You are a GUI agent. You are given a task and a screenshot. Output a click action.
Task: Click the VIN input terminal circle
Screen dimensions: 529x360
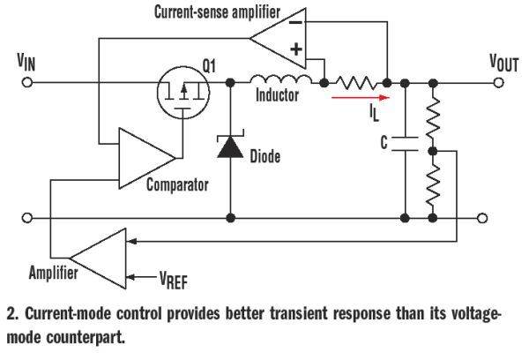click(27, 82)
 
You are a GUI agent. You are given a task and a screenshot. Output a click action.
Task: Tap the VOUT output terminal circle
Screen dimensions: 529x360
click(498, 82)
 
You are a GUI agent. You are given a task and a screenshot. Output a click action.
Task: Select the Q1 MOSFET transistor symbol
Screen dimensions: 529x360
click(183, 92)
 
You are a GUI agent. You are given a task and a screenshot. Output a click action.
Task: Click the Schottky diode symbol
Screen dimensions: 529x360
click(230, 146)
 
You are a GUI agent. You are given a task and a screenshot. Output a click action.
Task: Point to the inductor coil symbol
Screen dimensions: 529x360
click(280, 79)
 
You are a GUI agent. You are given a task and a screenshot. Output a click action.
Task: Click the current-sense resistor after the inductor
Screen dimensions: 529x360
click(355, 83)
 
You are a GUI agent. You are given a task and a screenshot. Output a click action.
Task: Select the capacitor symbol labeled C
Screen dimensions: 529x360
click(405, 144)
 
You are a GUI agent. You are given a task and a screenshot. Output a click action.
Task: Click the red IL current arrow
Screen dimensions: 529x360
click(361, 98)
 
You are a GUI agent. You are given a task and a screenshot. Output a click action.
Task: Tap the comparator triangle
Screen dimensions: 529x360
click(146, 158)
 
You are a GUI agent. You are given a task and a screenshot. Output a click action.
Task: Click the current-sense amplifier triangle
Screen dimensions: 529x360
click(278, 38)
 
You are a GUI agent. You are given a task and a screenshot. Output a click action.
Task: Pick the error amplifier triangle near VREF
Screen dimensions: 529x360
click(98, 259)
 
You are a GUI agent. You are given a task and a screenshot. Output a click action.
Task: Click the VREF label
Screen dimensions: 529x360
click(174, 280)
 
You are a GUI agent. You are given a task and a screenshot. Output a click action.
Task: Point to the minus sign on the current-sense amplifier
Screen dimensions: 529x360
click(296, 23)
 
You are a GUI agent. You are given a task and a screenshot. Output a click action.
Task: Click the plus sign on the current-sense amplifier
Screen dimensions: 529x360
click(296, 49)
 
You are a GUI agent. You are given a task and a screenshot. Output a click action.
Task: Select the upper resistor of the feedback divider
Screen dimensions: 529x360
click(433, 117)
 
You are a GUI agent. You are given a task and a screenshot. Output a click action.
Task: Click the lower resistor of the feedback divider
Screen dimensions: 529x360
click(433, 186)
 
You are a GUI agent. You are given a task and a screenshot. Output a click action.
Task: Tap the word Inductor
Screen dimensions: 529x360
click(278, 95)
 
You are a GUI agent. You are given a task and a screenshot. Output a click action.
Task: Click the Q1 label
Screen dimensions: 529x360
click(209, 65)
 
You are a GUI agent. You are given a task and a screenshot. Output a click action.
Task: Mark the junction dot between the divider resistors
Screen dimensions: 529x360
click(433, 151)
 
